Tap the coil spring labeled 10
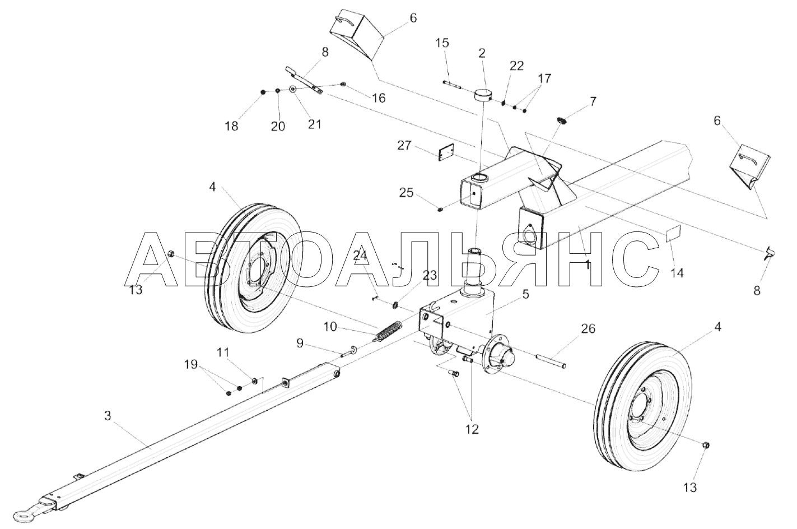[x=387, y=331]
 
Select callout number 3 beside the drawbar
[x=108, y=416]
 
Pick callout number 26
[x=572, y=328]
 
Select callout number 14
[x=677, y=273]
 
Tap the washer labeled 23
[x=395, y=305]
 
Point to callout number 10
[x=330, y=326]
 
